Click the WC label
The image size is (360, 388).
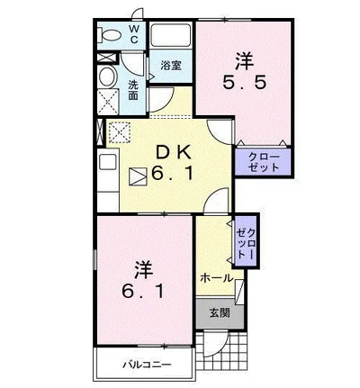click(133, 34)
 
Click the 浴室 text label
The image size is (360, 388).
click(171, 66)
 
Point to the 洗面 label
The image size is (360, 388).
click(133, 89)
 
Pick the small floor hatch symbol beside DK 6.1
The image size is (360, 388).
click(139, 176)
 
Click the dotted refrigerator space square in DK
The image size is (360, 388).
click(120, 132)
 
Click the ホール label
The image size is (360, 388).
click(217, 278)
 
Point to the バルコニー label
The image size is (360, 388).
click(147, 365)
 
